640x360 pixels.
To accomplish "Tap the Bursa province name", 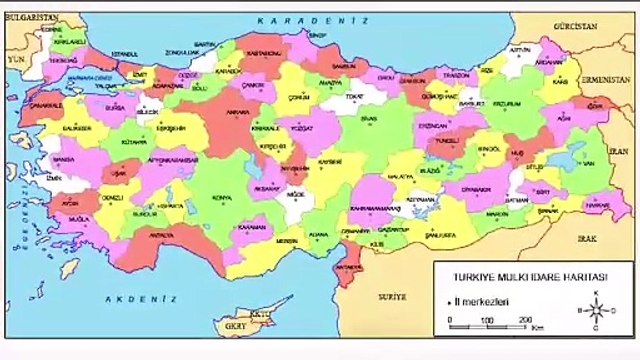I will [x=116, y=104].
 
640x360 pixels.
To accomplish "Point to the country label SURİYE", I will [x=391, y=297].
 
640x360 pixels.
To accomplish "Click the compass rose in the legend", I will [x=596, y=310].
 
